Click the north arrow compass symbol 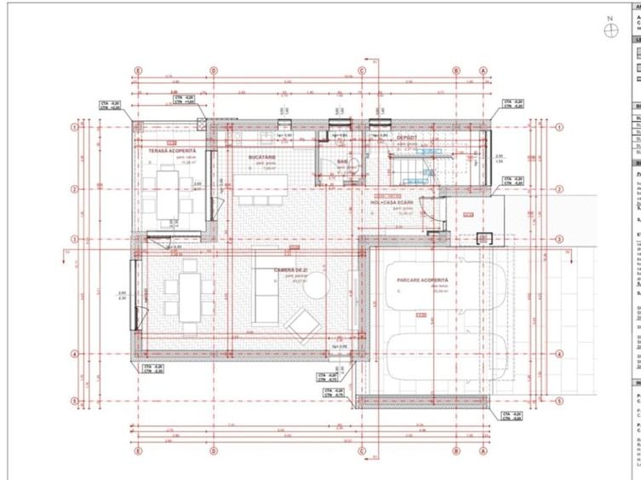610,31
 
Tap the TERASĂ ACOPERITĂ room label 173,151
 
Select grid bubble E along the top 138,71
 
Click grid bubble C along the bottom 361,451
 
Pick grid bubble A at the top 483,71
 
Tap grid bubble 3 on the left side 75,240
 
